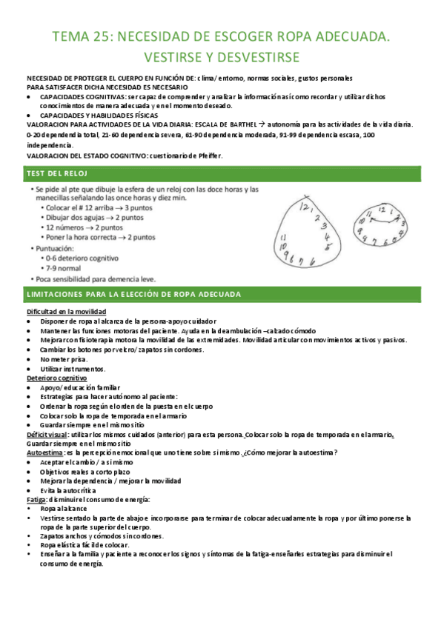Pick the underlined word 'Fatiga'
click(x=36, y=500)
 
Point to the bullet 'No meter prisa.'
click(x=64, y=358)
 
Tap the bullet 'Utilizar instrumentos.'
click(x=73, y=368)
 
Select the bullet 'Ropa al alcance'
click(x=65, y=510)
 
